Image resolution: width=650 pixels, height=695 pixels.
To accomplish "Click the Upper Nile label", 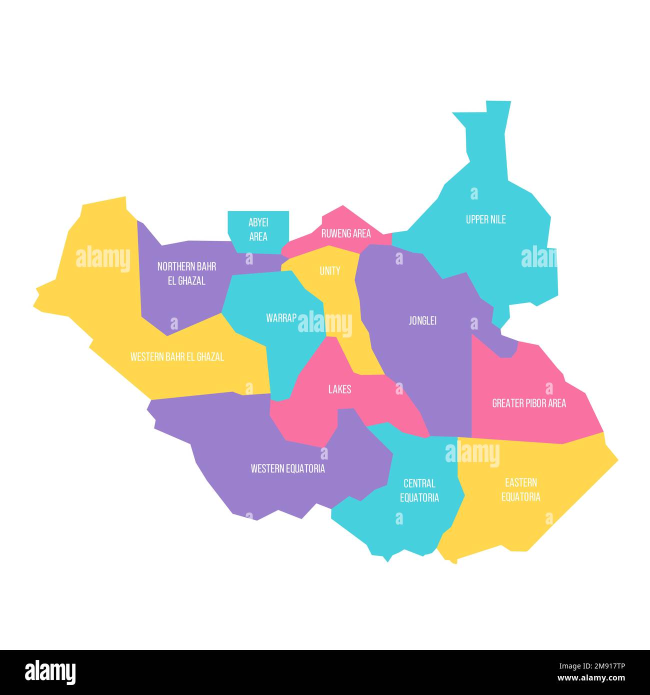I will tap(485, 219).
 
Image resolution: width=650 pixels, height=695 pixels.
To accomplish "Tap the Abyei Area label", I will tap(258, 229).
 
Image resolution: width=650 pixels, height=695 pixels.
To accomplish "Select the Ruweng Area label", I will tap(346, 233).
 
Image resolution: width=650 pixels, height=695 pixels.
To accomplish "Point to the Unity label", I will tap(330, 271).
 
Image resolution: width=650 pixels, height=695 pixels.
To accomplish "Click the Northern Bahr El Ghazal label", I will tap(186, 273).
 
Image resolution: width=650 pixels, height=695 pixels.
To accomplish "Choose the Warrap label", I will tap(281, 318).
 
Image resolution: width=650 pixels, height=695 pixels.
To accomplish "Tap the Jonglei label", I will tap(422, 320).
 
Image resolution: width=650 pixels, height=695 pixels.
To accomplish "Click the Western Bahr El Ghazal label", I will tap(177, 357).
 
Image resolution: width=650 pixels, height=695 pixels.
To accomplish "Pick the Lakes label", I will tap(339, 389).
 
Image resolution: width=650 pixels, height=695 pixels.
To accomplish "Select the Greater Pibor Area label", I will tap(529, 403).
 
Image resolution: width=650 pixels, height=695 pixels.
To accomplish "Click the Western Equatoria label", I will tap(287, 468).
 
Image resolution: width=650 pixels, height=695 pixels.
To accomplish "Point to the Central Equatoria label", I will tap(419, 490).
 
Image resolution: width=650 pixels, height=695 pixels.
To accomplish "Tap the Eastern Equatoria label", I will tap(521, 489).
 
